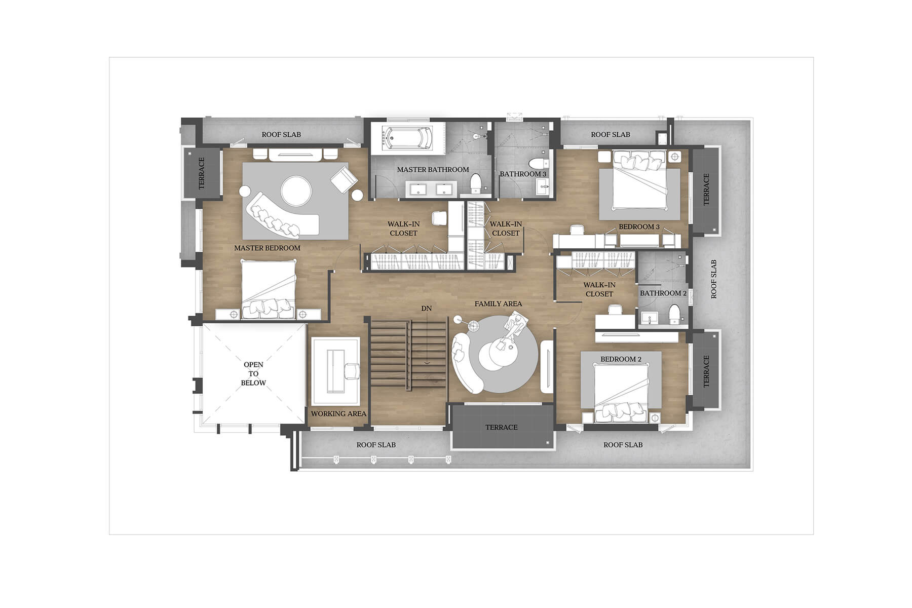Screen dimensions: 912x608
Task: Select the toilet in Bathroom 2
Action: pyautogui.click(x=674, y=315)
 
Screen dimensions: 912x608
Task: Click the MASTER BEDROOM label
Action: pyautogui.click(x=267, y=248)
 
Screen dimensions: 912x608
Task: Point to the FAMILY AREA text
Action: pyautogui.click(x=498, y=303)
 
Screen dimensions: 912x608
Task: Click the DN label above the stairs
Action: pyautogui.click(x=427, y=308)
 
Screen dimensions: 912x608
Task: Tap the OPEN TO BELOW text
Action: pyautogui.click(x=253, y=373)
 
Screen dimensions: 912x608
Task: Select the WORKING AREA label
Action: pyautogui.click(x=338, y=413)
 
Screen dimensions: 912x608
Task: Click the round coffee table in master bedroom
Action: pyautogui.click(x=296, y=191)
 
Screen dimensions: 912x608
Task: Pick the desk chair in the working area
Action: pyautogui.click(x=352, y=371)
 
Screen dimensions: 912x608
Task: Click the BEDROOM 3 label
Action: pyautogui.click(x=639, y=226)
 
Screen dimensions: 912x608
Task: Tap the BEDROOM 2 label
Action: pyautogui.click(x=621, y=359)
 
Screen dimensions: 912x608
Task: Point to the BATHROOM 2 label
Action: pyautogui.click(x=663, y=293)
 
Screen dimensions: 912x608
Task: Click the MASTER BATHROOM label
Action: pyautogui.click(x=433, y=169)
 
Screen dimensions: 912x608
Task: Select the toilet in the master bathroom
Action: pyautogui.click(x=475, y=183)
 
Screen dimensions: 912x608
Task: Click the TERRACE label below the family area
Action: pyautogui.click(x=502, y=427)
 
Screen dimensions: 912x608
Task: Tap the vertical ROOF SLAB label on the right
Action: pyautogui.click(x=714, y=279)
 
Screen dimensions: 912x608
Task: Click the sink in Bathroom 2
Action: pyautogui.click(x=648, y=318)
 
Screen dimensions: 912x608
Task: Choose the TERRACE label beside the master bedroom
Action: pyautogui.click(x=201, y=173)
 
